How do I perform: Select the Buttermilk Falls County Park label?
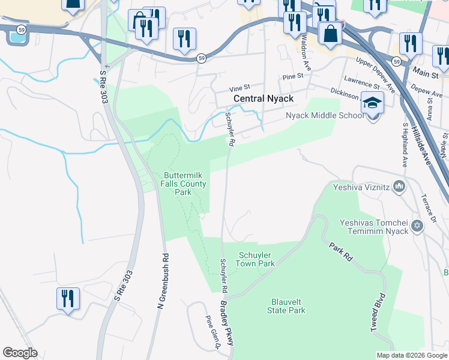(186, 184)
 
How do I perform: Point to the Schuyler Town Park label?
(256, 259)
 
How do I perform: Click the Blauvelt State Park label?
(286, 306)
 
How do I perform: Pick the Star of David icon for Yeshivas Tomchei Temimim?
(417, 226)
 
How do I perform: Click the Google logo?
(20, 353)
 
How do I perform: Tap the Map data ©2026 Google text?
(412, 355)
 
